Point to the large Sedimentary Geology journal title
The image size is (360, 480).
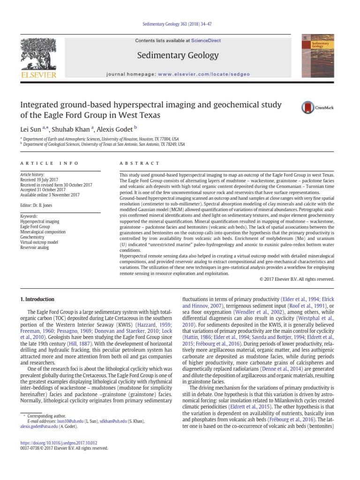[178, 56]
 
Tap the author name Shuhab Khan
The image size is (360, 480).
[71, 128]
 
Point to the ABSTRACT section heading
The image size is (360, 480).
[133, 163]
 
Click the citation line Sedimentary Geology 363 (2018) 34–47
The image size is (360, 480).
[180, 23]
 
